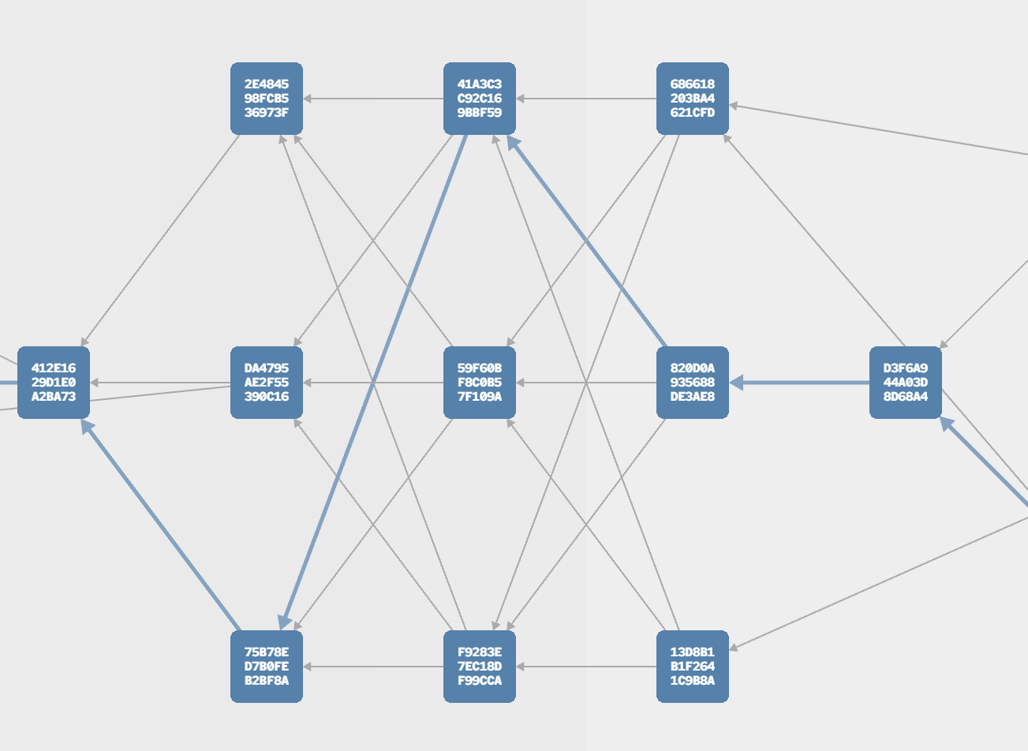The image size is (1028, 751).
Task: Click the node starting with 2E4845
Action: tap(266, 98)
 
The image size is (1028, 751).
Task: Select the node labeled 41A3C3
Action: tap(480, 98)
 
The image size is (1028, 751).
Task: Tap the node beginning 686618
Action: tap(693, 98)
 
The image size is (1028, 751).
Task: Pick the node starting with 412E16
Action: tap(54, 382)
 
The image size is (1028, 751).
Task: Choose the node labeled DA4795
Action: tap(266, 382)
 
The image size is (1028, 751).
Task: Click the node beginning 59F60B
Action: tap(480, 382)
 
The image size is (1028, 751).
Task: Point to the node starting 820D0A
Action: tap(693, 382)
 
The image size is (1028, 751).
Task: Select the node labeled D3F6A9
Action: tap(906, 382)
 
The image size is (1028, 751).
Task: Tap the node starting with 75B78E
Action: tap(266, 666)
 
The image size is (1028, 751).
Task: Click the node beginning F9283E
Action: tap(480, 666)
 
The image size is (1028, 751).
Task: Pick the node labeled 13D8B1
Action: tap(693, 666)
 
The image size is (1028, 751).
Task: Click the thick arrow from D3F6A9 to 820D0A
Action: tap(799, 382)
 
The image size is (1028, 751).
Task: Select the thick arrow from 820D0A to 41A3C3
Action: tap(586, 241)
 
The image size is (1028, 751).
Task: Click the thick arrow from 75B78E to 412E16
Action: tap(161, 525)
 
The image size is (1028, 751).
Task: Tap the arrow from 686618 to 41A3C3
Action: tap(586, 98)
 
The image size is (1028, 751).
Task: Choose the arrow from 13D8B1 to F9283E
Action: tap(586, 666)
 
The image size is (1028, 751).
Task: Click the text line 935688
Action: tap(693, 382)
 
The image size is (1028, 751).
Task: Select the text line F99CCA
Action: tap(480, 680)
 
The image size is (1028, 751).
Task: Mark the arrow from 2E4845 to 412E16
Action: tap(160, 241)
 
